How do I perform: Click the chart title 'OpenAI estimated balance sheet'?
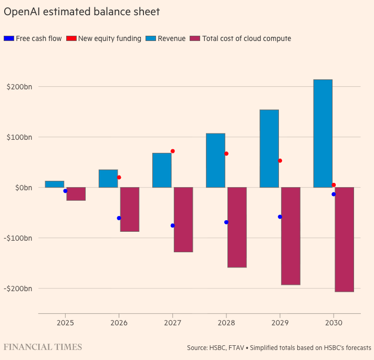pyautogui.click(x=82, y=11)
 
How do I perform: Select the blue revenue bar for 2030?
pyautogui.click(x=323, y=133)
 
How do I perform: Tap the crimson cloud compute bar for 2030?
pyautogui.click(x=344, y=239)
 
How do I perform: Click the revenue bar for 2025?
pyautogui.click(x=55, y=184)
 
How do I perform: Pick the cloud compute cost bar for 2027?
pyautogui.click(x=183, y=219)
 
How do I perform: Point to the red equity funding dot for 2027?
pyautogui.click(x=172, y=151)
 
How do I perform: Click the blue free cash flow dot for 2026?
pyautogui.click(x=119, y=218)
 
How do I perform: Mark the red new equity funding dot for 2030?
pyautogui.click(x=334, y=185)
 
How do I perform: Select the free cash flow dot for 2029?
pyautogui.click(x=280, y=217)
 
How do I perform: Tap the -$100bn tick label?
pyautogui.click(x=17, y=238)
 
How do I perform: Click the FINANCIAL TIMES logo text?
pyautogui.click(x=43, y=347)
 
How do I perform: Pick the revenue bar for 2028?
pyautogui.click(x=215, y=160)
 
